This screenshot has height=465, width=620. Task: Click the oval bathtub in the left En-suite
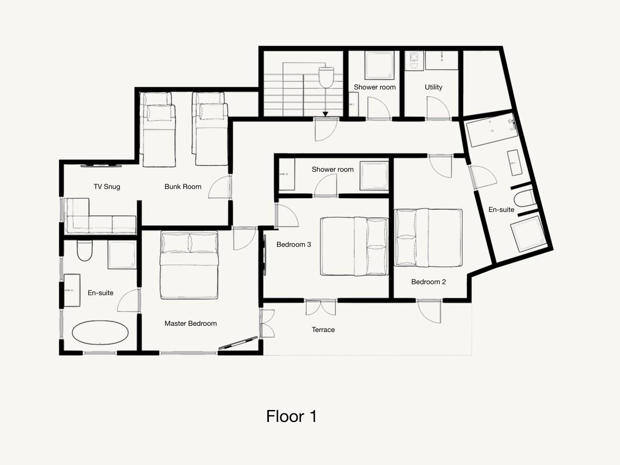pyautogui.click(x=100, y=332)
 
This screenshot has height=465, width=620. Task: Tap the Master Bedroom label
pyautogui.click(x=191, y=323)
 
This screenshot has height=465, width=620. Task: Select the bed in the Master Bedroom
pyautogui.click(x=189, y=265)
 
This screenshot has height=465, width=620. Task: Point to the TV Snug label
pyautogui.click(x=107, y=187)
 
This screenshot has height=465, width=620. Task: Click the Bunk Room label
pyautogui.click(x=183, y=187)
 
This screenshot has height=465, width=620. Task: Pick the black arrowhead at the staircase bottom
pyautogui.click(x=325, y=114)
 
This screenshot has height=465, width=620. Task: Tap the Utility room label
pyautogui.click(x=433, y=87)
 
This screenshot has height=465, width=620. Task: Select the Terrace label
pyautogui.click(x=323, y=330)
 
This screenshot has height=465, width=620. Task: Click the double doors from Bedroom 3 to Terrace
pyautogui.click(x=321, y=308)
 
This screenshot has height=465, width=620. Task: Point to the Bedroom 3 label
pyautogui.click(x=293, y=244)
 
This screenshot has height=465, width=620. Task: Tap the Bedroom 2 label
pyautogui.click(x=428, y=282)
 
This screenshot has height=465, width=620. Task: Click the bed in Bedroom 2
pyautogui.click(x=428, y=238)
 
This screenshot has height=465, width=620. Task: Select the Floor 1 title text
pyautogui.click(x=291, y=416)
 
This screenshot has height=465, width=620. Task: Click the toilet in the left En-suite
pyautogui.click(x=85, y=250)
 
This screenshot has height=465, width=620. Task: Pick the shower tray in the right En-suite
pyautogui.click(x=528, y=234)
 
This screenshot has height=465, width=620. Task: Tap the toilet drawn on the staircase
pyautogui.click(x=326, y=77)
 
